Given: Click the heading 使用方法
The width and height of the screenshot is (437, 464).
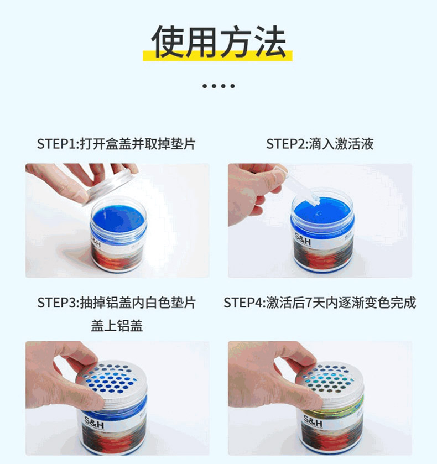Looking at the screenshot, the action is click(218, 41).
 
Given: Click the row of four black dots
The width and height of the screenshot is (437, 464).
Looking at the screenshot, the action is click(218, 86).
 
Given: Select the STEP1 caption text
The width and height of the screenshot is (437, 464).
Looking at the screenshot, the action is click(116, 144).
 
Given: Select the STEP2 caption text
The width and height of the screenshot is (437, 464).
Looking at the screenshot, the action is click(320, 144).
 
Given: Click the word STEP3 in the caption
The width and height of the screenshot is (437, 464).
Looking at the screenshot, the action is click(57, 303).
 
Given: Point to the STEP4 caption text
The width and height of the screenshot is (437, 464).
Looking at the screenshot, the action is click(320, 303).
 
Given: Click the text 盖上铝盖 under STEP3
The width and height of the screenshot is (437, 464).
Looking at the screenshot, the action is click(117, 326).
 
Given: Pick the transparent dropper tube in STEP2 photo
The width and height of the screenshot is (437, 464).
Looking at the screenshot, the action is click(298, 185).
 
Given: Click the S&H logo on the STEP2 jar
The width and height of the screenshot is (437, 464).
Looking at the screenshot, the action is click(303, 239).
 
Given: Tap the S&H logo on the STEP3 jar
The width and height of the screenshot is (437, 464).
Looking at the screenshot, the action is click(94, 423).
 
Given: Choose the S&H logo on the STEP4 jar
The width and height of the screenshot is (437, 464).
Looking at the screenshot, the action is click(313, 421).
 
